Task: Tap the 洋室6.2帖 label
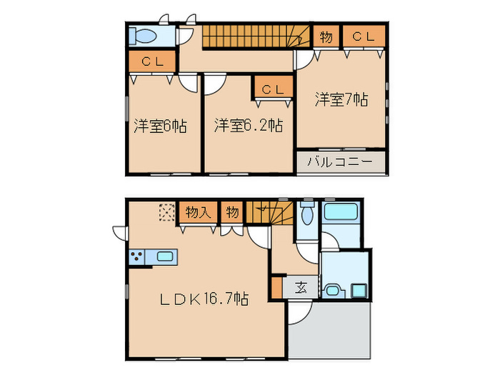(248, 126)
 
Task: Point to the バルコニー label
(340, 162)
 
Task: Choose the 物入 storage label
(197, 211)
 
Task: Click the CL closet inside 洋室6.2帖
(271, 89)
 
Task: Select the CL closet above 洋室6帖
(153, 61)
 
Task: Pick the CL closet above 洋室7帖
(363, 36)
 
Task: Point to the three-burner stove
(136, 256)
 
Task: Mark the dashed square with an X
(166, 211)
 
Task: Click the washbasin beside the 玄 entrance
(334, 291)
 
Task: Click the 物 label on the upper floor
(326, 36)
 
